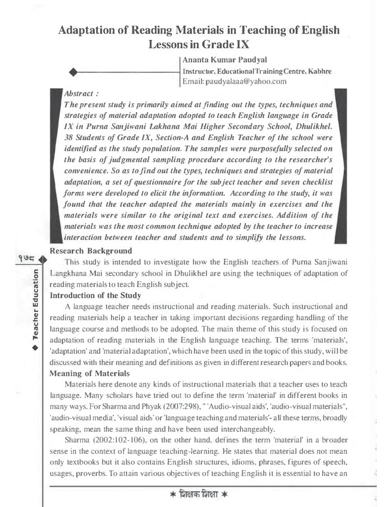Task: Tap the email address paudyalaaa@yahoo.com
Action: (x=234, y=81)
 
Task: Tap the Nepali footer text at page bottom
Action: (x=197, y=495)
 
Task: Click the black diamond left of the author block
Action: (x=74, y=72)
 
